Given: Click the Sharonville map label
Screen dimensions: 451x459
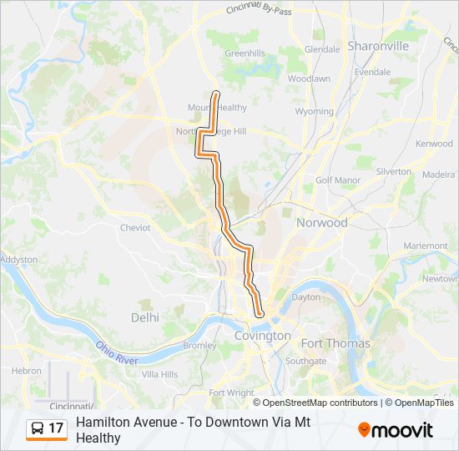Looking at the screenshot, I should tap(378, 46).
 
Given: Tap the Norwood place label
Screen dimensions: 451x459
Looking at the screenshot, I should tap(321, 223).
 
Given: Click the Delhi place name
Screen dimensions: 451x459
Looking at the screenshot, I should tap(144, 317).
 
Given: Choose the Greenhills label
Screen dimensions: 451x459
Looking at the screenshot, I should tap(245, 53).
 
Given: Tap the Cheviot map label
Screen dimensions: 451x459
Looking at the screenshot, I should tap(135, 227).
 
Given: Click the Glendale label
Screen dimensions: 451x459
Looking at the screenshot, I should tap(322, 49).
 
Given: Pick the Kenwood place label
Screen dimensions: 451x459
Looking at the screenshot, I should tap(434, 144).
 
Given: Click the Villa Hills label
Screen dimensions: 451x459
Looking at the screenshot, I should tap(159, 374).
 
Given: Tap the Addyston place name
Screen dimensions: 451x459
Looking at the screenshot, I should tap(19, 260).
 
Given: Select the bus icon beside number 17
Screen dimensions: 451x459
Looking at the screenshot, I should tap(37, 428).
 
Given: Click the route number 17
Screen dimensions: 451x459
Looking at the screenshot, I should tap(56, 428).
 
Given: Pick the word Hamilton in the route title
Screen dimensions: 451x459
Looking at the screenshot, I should tap(101, 423).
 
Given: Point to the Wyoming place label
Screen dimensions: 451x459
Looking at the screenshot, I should tap(315, 111).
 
